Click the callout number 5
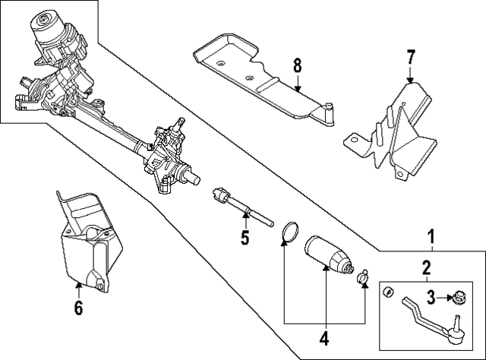[x=245, y=238]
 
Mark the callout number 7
[x=410, y=57]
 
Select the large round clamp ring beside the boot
[x=289, y=232]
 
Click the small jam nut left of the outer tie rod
[x=388, y=292]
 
